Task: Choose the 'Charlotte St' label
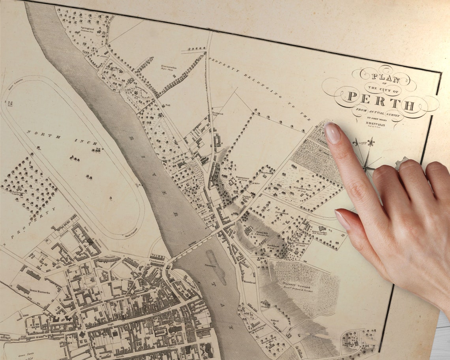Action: point(157,261)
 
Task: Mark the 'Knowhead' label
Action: point(250,283)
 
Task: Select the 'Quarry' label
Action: point(265,305)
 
